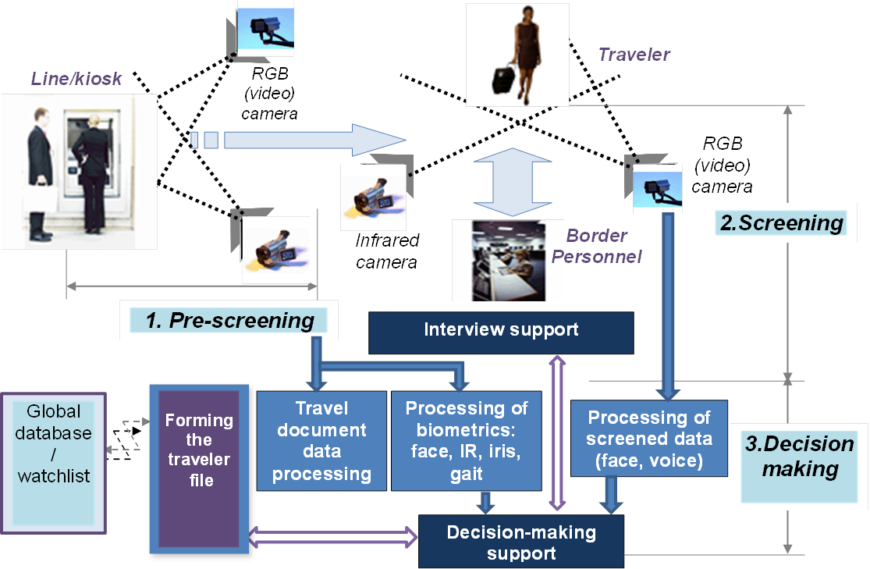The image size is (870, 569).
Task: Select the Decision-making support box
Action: [x=521, y=542]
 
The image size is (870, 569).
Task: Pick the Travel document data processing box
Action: [x=321, y=441]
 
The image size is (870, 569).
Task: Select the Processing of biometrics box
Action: [x=466, y=441]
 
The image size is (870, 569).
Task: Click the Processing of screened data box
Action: [x=648, y=439]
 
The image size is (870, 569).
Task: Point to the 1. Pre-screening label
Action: [x=229, y=320]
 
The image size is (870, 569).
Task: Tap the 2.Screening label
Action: [x=781, y=223]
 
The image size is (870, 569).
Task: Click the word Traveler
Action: [x=634, y=55]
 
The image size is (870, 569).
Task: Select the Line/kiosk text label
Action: [x=76, y=79]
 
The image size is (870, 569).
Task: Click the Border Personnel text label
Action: [x=597, y=245]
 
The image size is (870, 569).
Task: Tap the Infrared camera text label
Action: [x=387, y=251]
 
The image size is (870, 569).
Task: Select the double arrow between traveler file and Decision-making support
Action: [x=334, y=537]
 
